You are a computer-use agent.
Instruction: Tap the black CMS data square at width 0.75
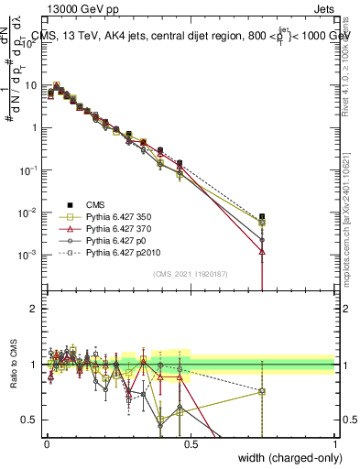click(x=263, y=216)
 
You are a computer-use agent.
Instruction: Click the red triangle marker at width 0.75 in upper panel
click(x=263, y=250)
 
